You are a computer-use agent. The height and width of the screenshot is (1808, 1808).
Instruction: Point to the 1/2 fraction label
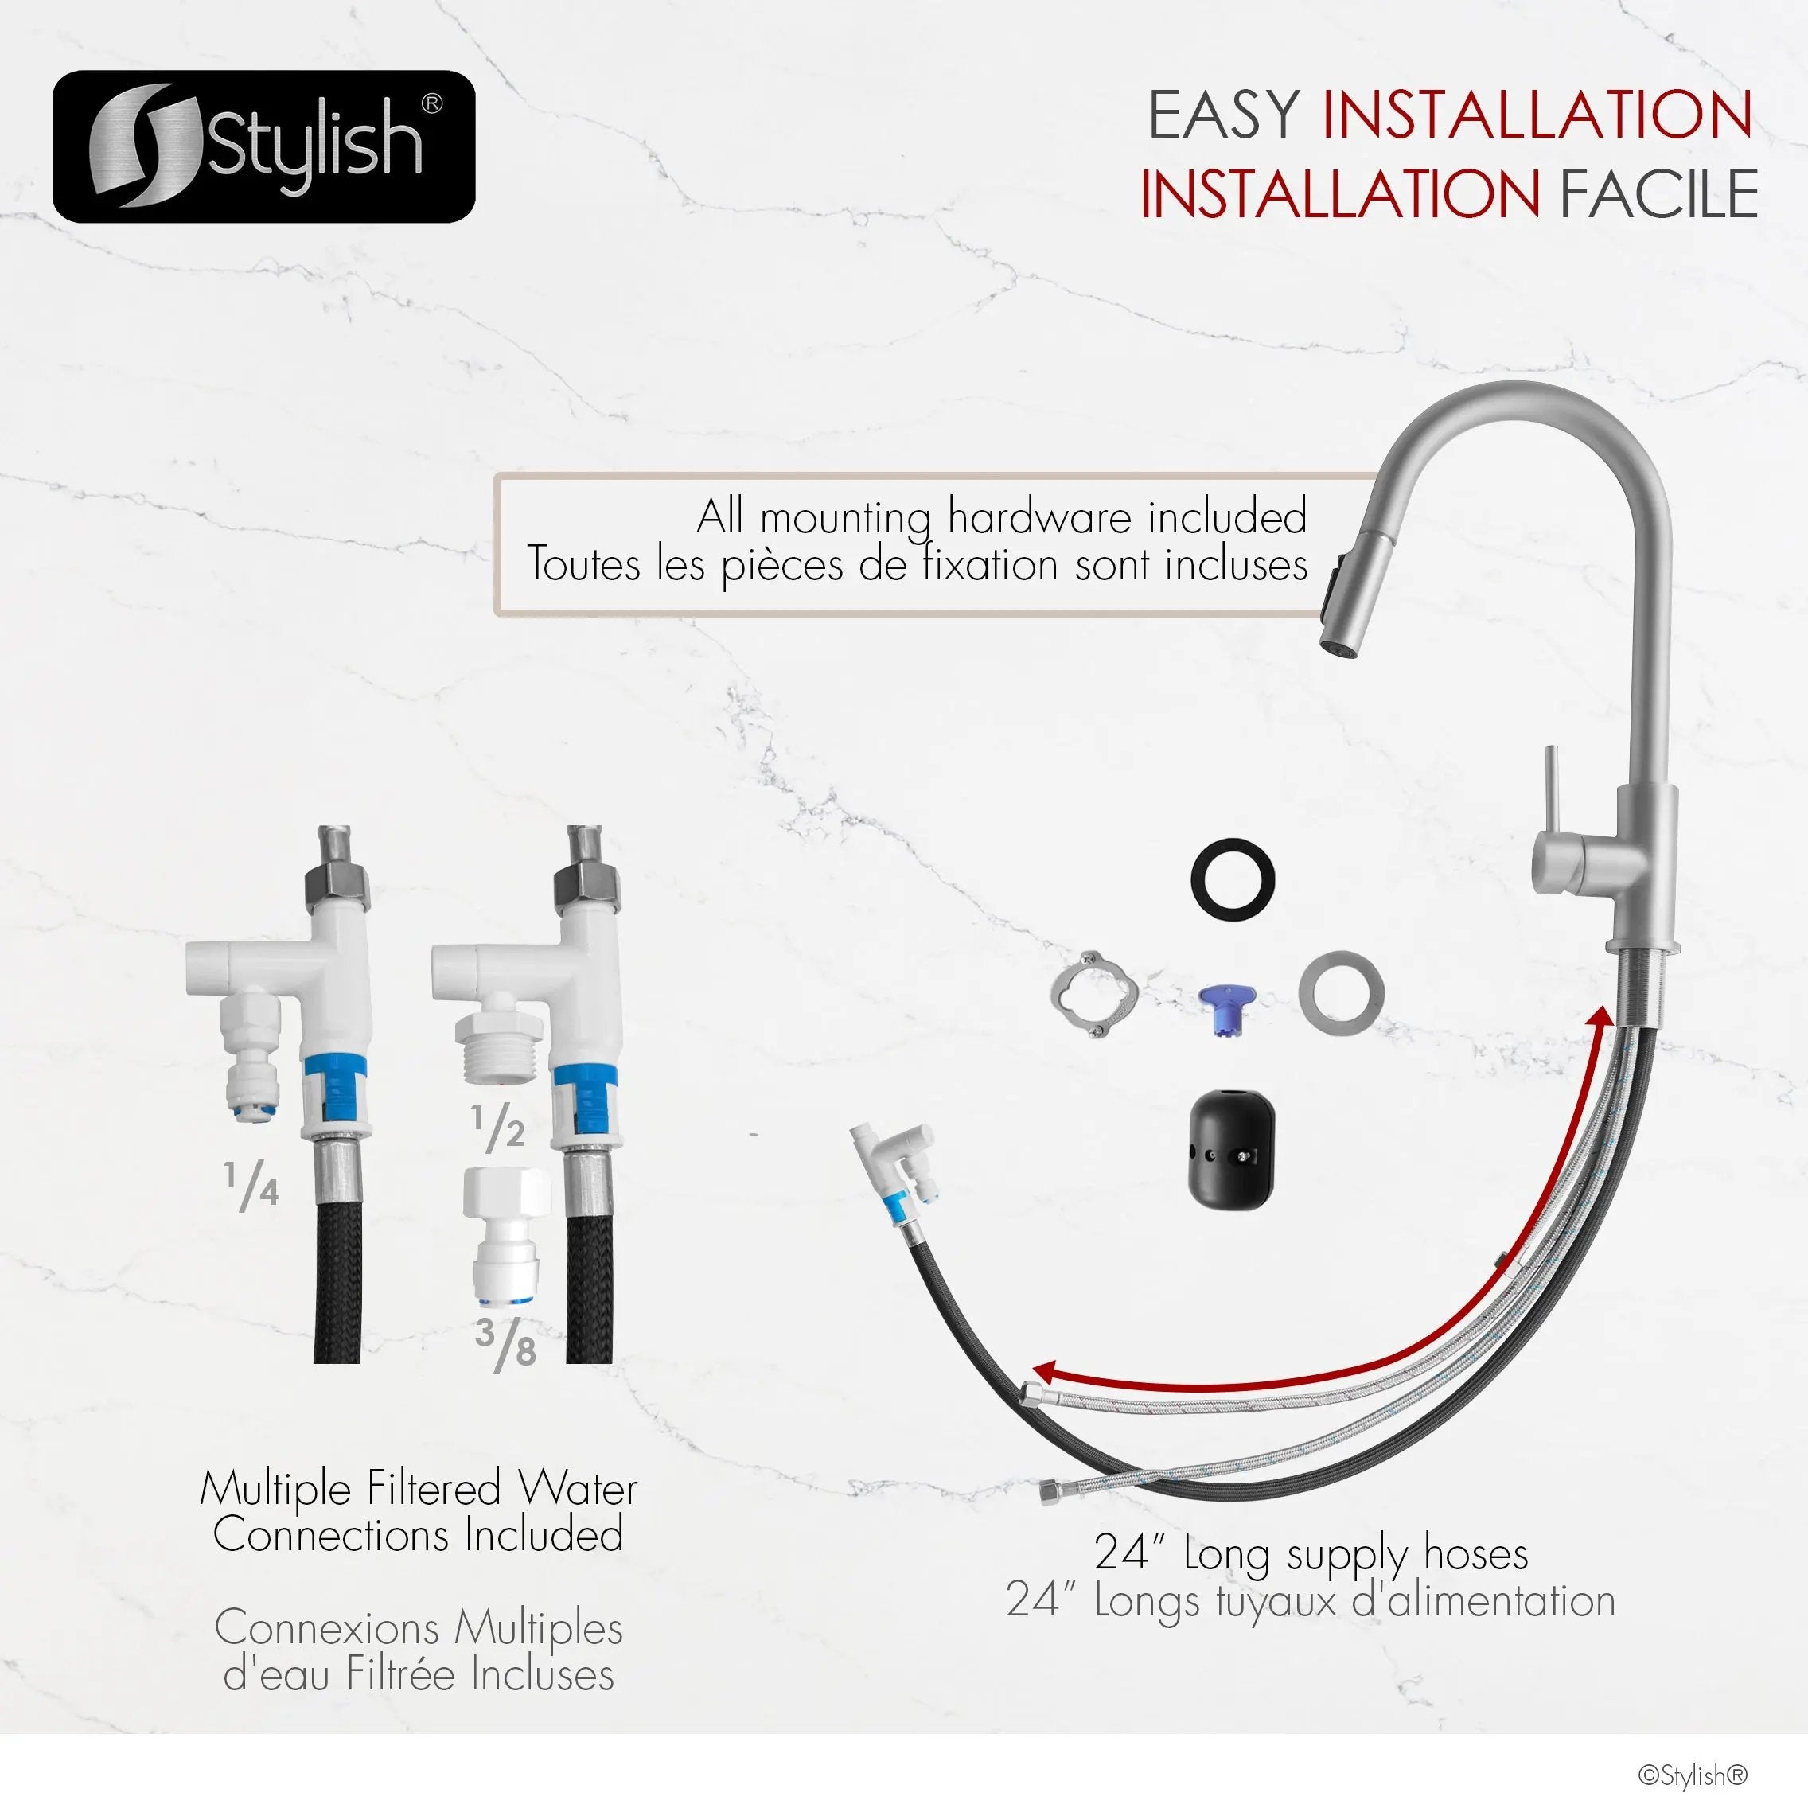497,1127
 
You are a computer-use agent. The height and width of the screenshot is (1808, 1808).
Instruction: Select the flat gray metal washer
1341,993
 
